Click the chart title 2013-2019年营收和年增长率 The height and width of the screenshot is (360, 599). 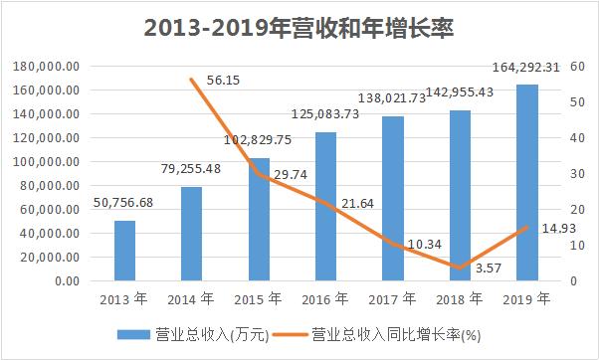click(x=299, y=26)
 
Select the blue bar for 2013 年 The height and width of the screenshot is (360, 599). click(x=124, y=251)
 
